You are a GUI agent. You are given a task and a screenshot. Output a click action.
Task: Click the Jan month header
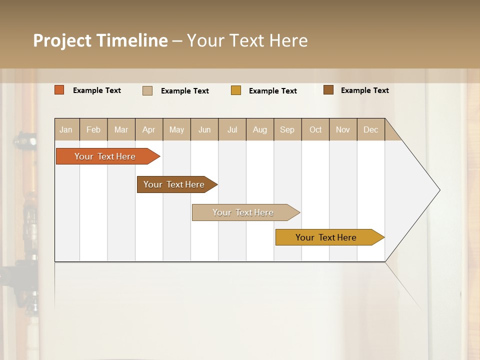(x=66, y=129)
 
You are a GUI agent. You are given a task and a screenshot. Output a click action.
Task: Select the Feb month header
(x=93, y=129)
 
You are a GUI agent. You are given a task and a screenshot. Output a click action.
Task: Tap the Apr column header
(x=148, y=129)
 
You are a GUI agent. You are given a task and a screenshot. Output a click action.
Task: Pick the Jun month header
(x=204, y=129)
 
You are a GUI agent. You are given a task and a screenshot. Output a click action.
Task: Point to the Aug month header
(x=259, y=129)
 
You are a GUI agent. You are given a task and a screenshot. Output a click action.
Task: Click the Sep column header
(x=287, y=129)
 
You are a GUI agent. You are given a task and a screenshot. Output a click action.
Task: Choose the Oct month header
(x=315, y=129)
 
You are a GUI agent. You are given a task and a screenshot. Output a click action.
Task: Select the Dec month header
(x=370, y=129)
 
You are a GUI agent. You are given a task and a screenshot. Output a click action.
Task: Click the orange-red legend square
(x=59, y=90)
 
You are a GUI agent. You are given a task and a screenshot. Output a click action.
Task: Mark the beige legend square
(x=147, y=90)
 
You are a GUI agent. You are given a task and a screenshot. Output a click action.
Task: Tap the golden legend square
(x=236, y=90)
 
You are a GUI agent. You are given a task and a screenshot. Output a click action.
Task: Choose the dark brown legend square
(x=328, y=90)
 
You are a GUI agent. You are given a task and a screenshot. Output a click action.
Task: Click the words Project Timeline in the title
(x=100, y=40)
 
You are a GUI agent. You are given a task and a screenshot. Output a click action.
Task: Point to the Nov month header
(x=343, y=129)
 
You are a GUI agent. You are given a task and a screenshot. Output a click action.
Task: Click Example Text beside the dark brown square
(x=364, y=90)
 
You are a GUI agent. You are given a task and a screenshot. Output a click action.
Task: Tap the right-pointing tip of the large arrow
(x=437, y=190)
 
